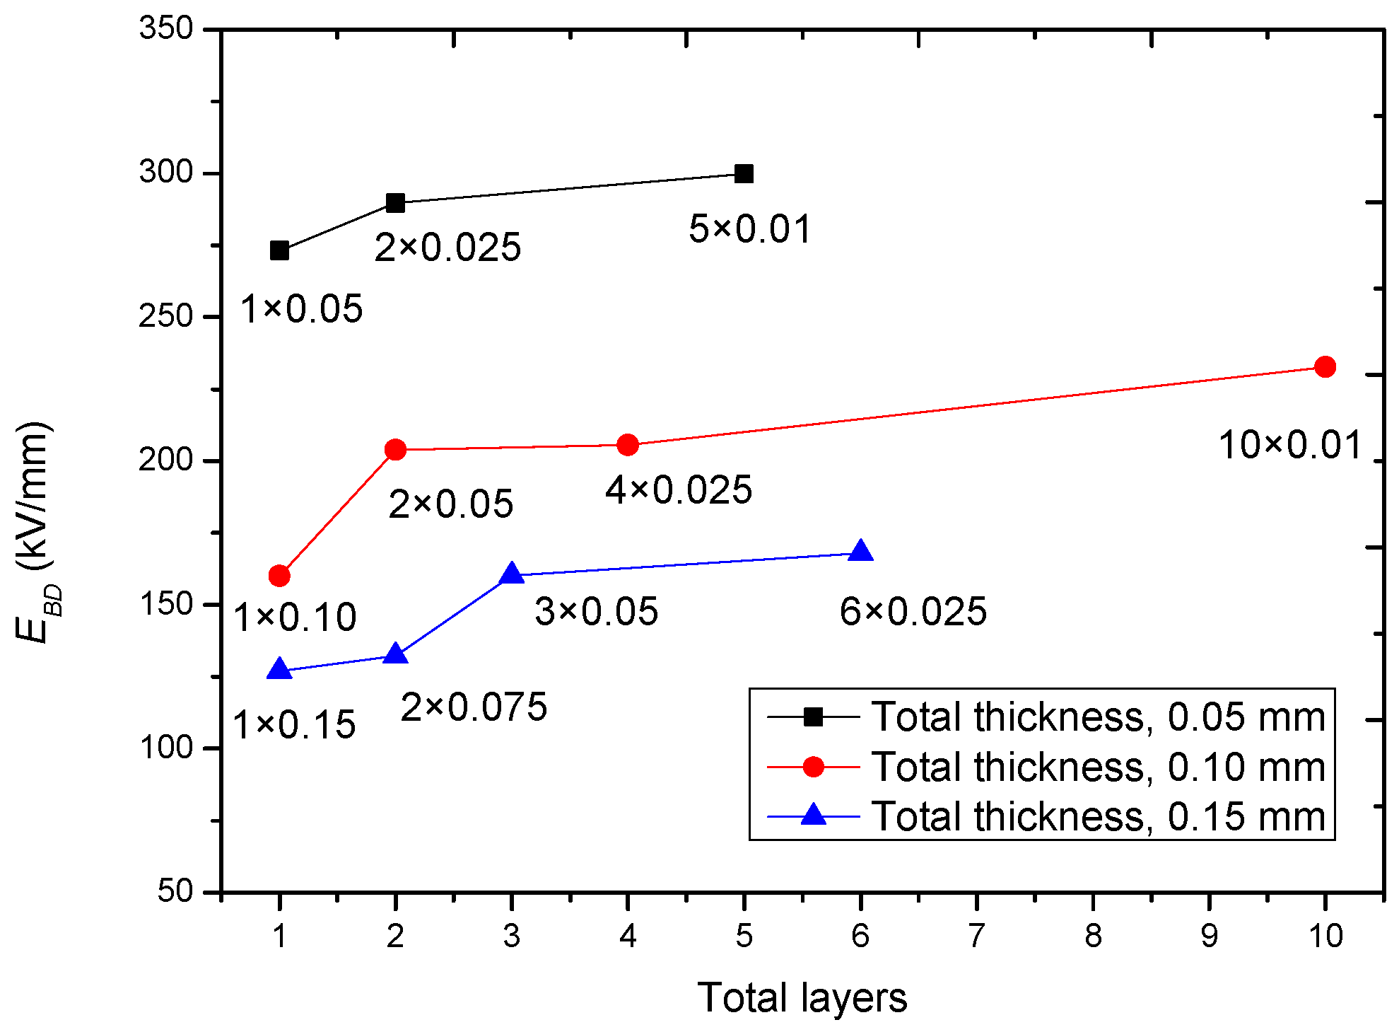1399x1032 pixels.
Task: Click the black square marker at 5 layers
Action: coord(744,173)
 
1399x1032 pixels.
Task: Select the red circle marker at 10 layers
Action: coord(1324,366)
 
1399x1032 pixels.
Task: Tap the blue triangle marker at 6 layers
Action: coord(860,552)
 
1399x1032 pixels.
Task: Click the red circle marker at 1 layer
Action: coord(279,576)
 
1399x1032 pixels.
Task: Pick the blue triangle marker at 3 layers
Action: coord(511,574)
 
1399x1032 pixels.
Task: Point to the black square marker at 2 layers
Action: coord(395,203)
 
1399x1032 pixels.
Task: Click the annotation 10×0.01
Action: coord(1289,446)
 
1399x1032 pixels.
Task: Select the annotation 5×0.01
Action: coord(750,229)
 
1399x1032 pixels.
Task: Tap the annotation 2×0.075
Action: coord(474,707)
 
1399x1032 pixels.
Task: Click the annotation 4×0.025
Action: coord(679,490)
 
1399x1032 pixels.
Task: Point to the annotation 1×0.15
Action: coord(294,725)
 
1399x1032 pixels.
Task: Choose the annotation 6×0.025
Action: coord(913,611)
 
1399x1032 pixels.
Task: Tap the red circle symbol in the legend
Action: coord(813,767)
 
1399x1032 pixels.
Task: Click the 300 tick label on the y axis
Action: coord(166,172)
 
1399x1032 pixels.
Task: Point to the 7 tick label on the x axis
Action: coord(976,936)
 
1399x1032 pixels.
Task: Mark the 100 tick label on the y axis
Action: coord(166,747)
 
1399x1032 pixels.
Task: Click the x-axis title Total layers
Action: coord(802,998)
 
